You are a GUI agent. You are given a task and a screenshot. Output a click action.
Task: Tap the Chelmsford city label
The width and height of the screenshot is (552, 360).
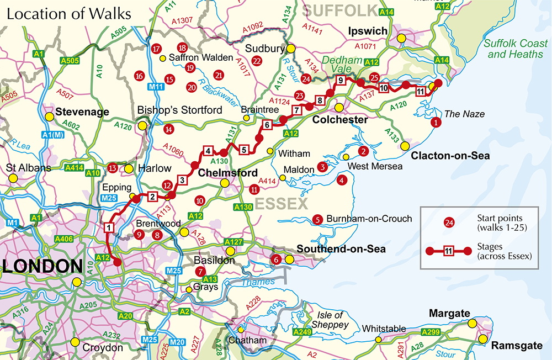coord(228,173)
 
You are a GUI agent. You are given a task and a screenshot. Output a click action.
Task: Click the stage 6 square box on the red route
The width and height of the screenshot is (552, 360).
coord(267,125)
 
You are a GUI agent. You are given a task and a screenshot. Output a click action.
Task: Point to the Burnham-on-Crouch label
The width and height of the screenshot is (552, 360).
coord(369,219)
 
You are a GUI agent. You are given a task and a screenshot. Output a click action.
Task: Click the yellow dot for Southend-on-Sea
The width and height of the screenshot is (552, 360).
coord(289,259)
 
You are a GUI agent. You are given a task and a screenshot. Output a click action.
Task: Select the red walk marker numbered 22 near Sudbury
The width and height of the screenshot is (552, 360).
coord(256,61)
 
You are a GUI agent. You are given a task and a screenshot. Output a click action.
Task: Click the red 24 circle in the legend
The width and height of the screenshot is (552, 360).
coord(449,223)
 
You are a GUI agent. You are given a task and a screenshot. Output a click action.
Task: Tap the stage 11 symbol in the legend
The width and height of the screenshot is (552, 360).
coord(448,251)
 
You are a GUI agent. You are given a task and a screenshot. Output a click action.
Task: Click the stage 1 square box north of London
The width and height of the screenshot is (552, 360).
coord(109,227)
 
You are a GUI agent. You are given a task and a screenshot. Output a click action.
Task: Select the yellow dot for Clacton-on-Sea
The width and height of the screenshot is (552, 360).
coord(405,146)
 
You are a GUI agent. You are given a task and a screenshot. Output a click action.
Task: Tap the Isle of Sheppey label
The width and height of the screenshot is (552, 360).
coord(332,320)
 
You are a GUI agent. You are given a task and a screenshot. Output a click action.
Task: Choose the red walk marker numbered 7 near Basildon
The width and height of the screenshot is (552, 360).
coord(200,271)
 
